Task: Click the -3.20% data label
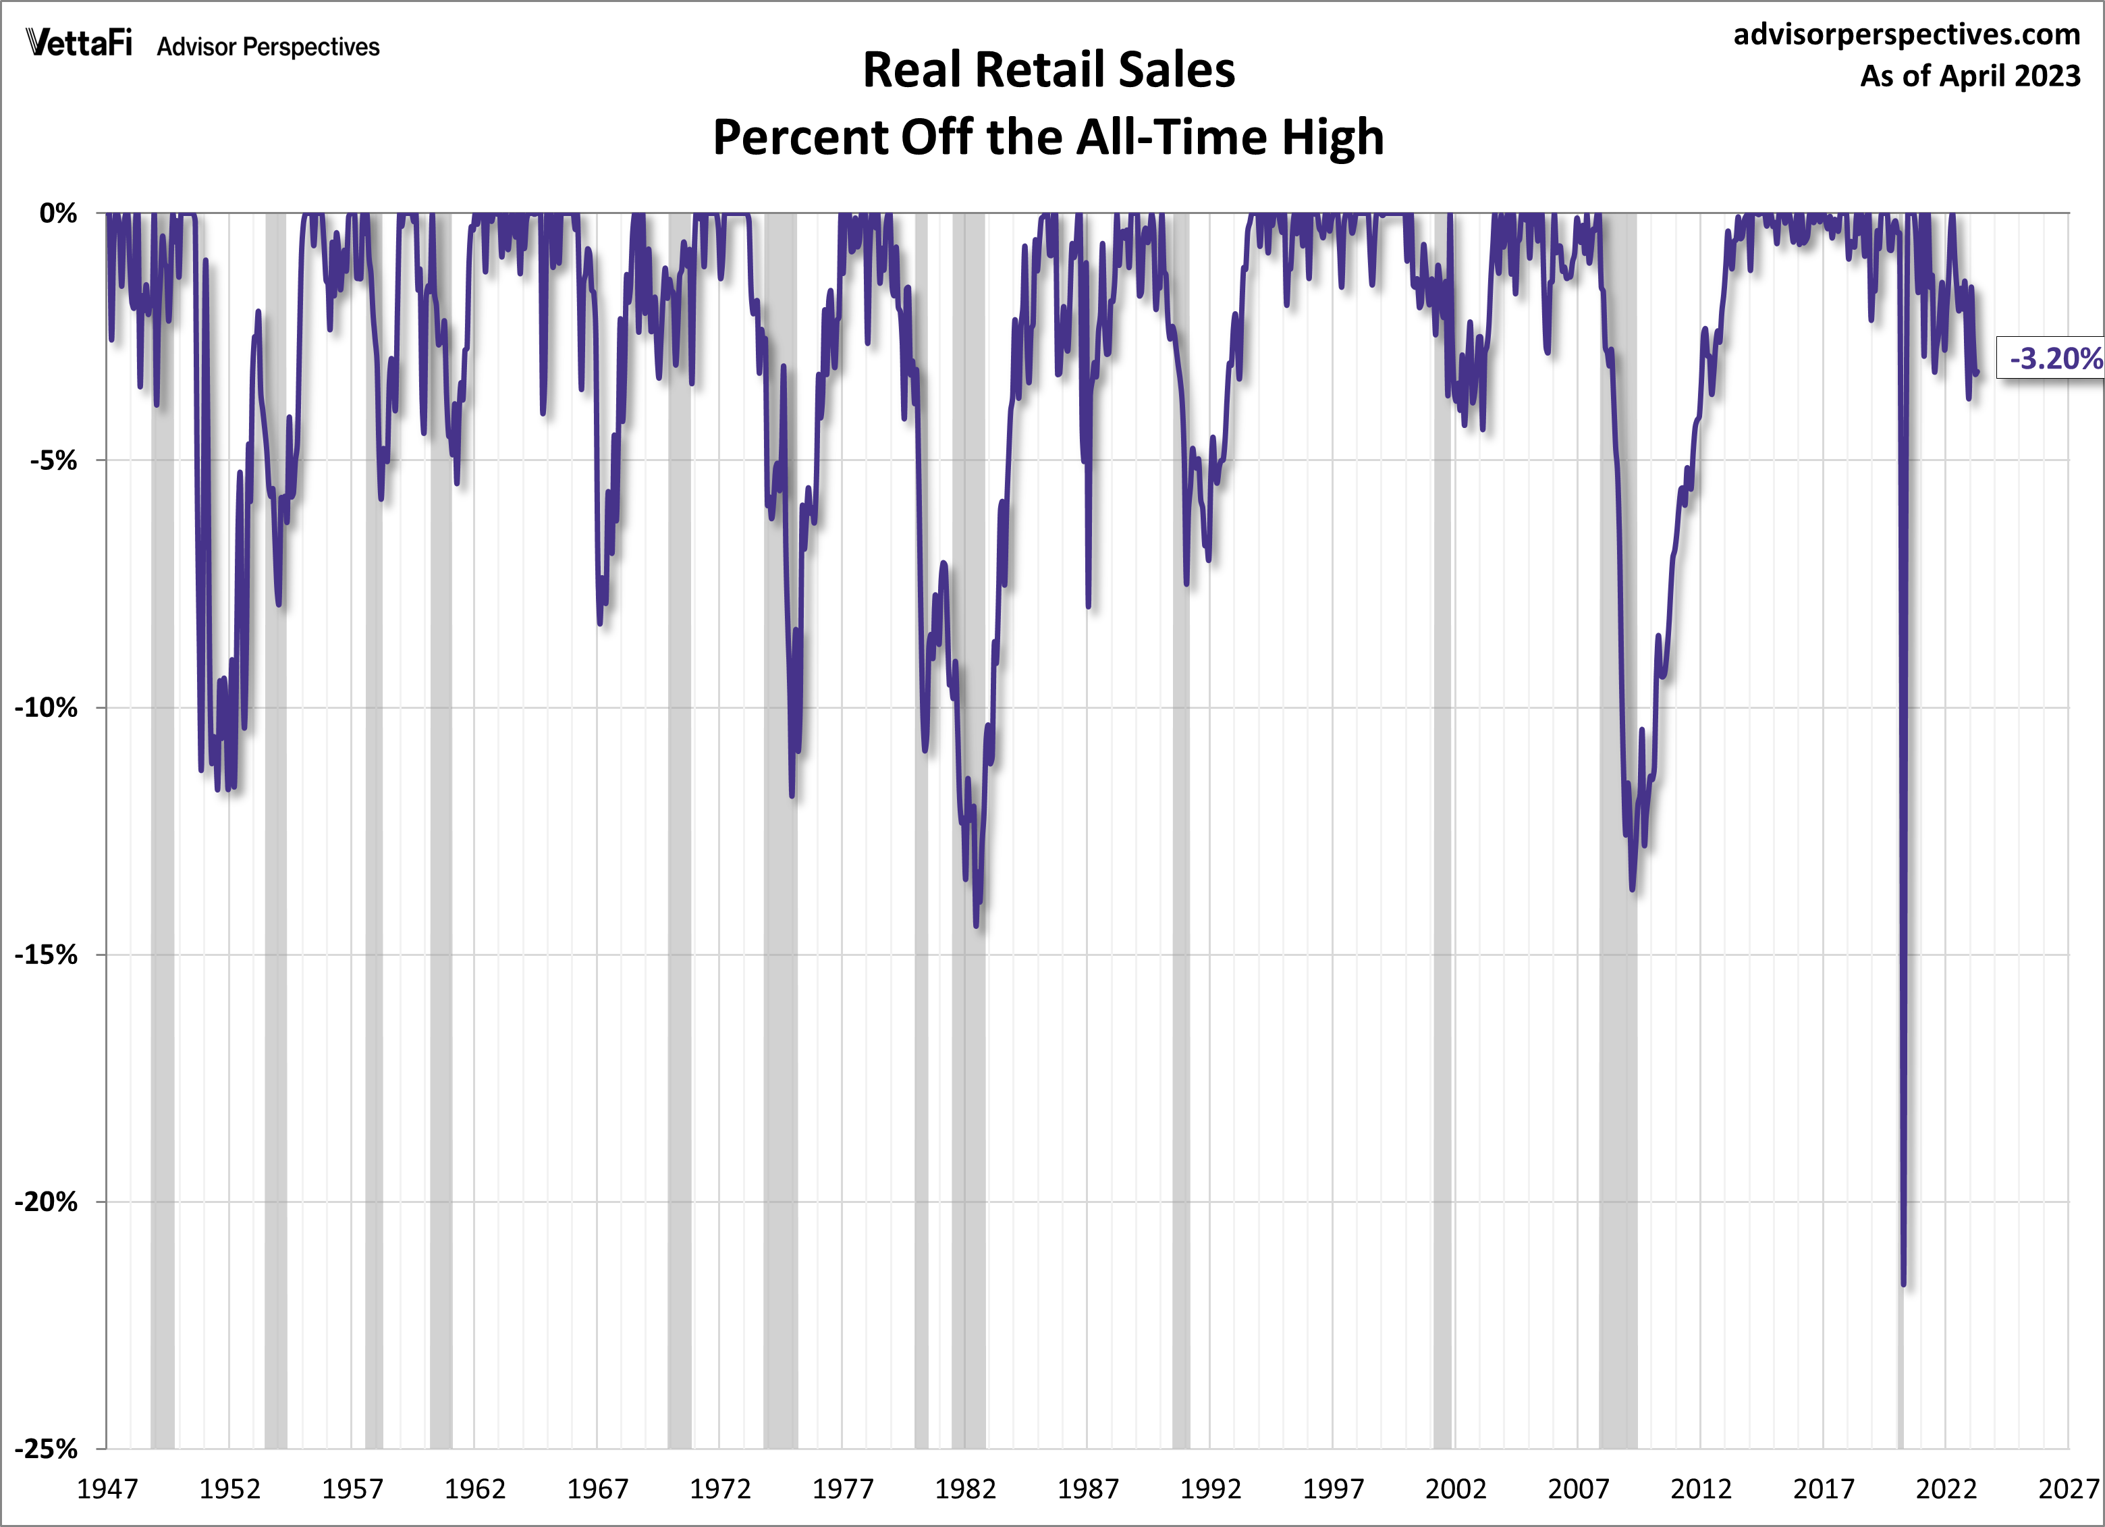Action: [x=2054, y=358]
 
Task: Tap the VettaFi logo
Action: [x=80, y=44]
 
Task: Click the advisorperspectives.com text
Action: [x=1907, y=34]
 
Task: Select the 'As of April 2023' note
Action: [x=1969, y=75]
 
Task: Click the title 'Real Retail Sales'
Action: [x=1049, y=70]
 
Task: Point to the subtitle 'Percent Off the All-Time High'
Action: [x=1049, y=138]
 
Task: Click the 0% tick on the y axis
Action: [x=57, y=213]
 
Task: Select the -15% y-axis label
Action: [x=47, y=955]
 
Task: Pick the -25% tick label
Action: [x=47, y=1449]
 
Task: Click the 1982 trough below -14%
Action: [x=975, y=925]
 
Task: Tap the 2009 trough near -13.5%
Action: [x=1632, y=889]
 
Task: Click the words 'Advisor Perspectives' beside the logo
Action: [x=268, y=47]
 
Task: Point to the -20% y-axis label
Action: [x=47, y=1202]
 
